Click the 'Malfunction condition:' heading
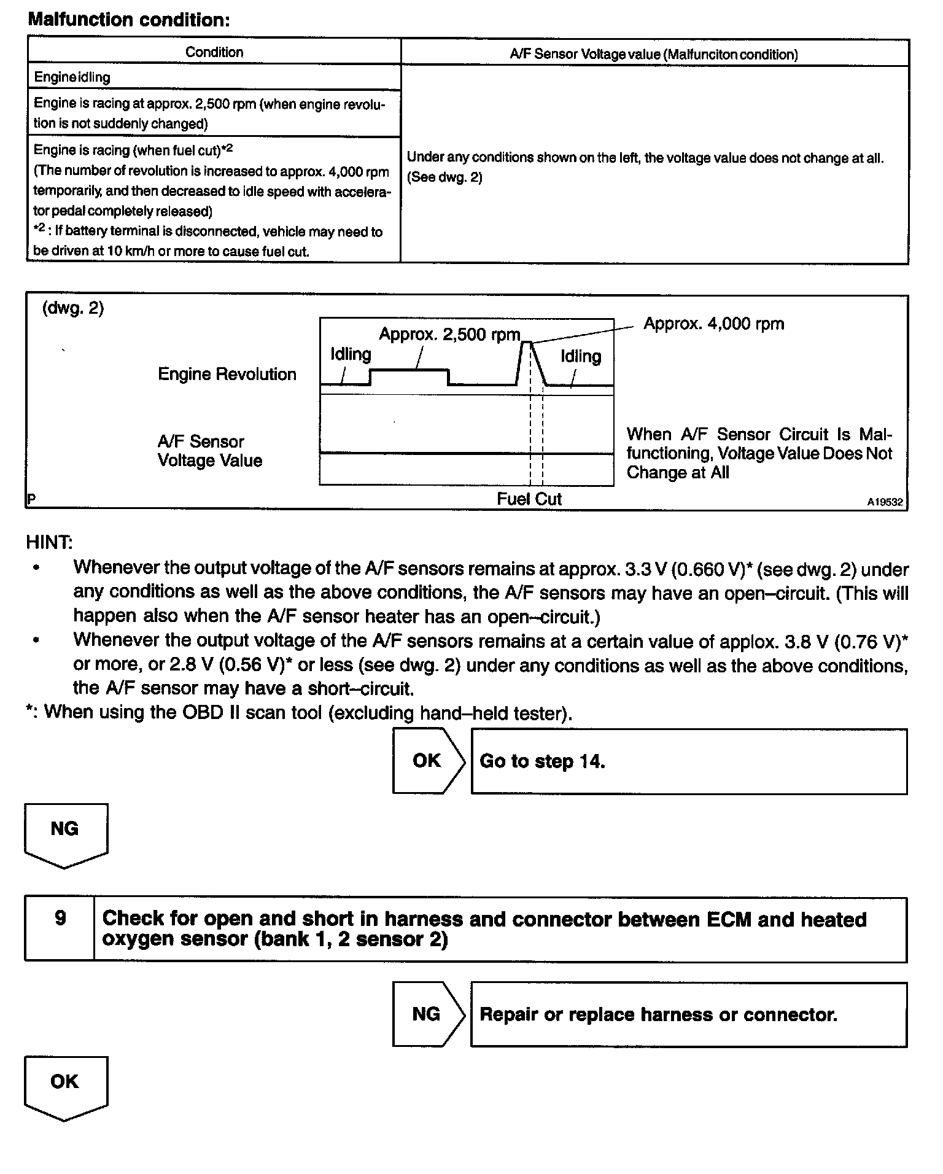tap(129, 20)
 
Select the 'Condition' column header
tap(214, 52)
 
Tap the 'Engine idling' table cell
tap(72, 77)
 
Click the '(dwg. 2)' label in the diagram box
tap(73, 308)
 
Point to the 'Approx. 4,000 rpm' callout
tap(713, 324)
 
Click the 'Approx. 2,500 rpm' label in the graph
tap(449, 335)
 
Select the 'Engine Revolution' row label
tap(227, 374)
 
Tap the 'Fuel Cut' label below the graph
tap(529, 499)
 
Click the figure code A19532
tap(885, 502)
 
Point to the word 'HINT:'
tap(49, 542)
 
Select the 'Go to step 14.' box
tap(688, 761)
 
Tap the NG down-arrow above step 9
tap(66, 832)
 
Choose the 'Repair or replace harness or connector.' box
tap(688, 1014)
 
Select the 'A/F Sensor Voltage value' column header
tap(654, 54)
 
